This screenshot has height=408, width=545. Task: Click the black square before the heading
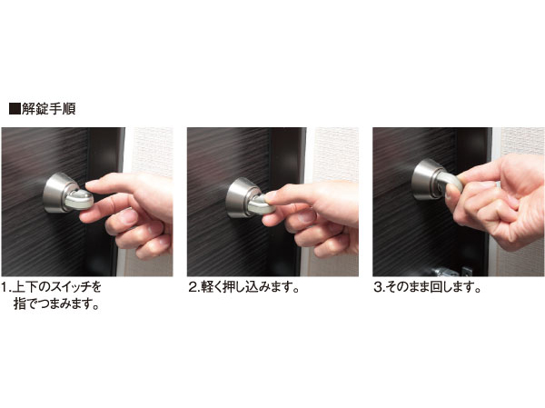click(14, 108)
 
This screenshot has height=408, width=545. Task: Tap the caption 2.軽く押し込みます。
click(244, 288)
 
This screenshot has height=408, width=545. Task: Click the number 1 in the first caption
click(5, 288)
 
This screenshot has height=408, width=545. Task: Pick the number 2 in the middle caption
click(193, 288)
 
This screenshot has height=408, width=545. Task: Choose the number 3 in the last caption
click(378, 288)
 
